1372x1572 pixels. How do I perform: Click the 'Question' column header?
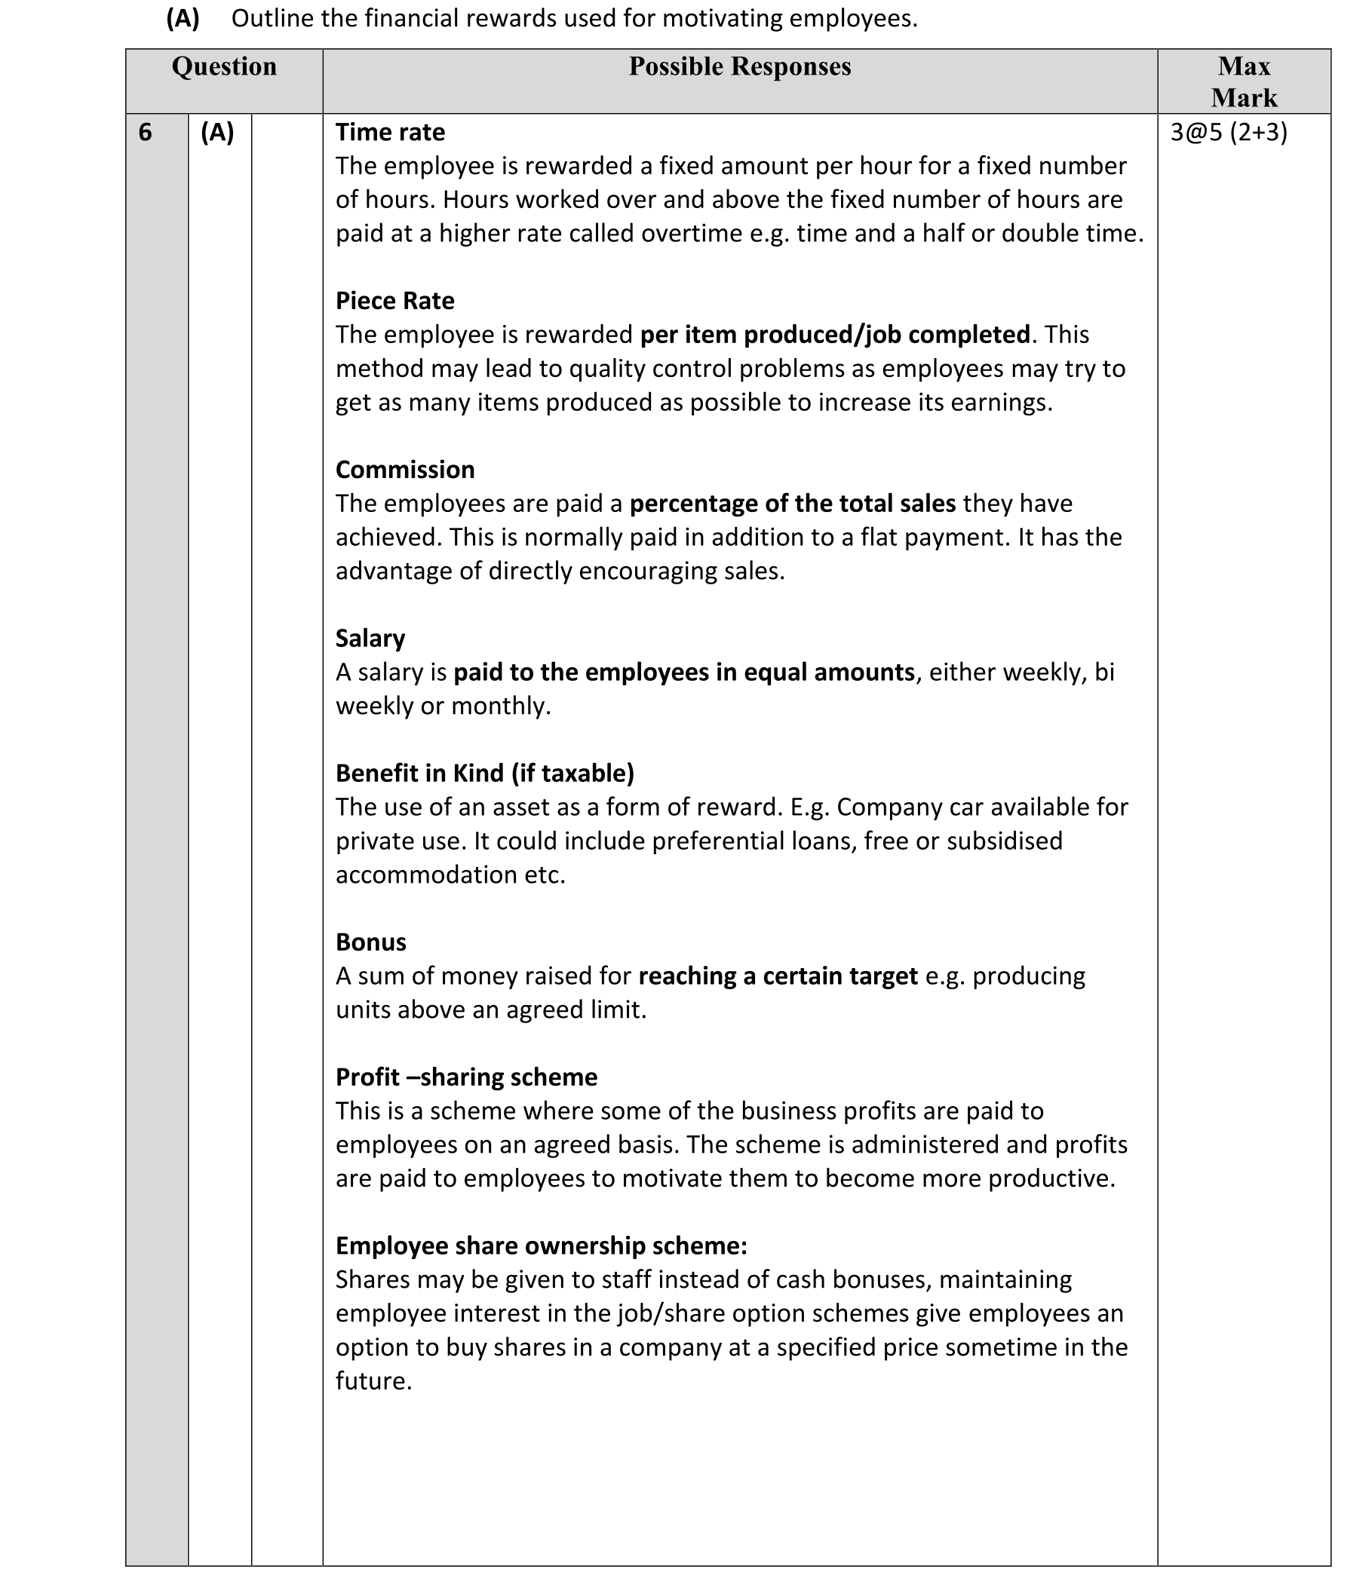(x=223, y=67)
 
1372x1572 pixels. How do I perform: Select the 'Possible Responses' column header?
(x=740, y=67)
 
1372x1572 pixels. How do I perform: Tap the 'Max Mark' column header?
(x=1243, y=82)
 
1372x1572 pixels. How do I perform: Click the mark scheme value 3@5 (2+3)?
(x=1228, y=133)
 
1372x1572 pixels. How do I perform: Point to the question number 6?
(x=146, y=133)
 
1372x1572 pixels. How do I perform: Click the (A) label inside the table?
(x=217, y=133)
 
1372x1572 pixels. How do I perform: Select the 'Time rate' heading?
(x=390, y=133)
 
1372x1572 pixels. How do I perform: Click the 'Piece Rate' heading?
(x=394, y=302)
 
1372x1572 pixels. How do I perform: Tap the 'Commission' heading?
(x=405, y=470)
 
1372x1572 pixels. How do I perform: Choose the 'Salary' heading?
(x=370, y=639)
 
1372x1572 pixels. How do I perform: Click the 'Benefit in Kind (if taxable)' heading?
(x=485, y=774)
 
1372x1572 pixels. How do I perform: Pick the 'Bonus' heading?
(x=370, y=942)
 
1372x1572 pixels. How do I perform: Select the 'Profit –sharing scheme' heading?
(x=466, y=1077)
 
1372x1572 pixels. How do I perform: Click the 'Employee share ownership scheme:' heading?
(x=541, y=1246)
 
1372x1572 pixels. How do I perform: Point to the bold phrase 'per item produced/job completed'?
(x=834, y=336)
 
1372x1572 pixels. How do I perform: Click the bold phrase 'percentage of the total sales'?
(x=793, y=504)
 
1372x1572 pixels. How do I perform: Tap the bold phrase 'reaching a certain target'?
(x=778, y=976)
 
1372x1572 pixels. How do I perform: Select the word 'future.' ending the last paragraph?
(x=373, y=1381)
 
